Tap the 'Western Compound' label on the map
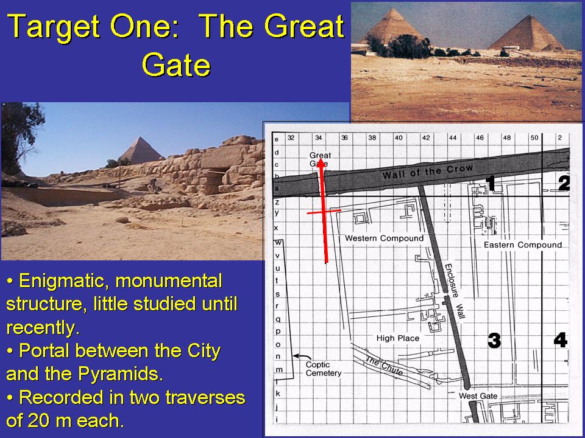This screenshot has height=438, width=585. [384, 238]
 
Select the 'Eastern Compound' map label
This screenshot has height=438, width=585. [522, 245]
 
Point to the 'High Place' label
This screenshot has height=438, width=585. [398, 338]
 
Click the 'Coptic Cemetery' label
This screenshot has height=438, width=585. [324, 369]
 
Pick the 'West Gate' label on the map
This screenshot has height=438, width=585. [478, 395]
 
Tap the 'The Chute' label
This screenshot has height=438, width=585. [385, 366]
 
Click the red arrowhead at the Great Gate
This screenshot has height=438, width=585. [320, 164]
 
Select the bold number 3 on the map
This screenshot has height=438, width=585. [494, 340]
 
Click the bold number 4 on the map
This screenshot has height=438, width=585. [561, 339]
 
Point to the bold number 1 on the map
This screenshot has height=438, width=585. [491, 184]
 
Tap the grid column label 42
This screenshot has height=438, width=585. [426, 137]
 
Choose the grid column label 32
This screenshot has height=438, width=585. [291, 137]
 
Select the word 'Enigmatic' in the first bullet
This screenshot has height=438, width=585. [64, 281]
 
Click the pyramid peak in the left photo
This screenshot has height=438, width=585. [140, 137]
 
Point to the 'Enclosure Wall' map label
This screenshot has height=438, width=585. [455, 291]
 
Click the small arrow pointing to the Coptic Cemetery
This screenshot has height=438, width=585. [302, 357]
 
